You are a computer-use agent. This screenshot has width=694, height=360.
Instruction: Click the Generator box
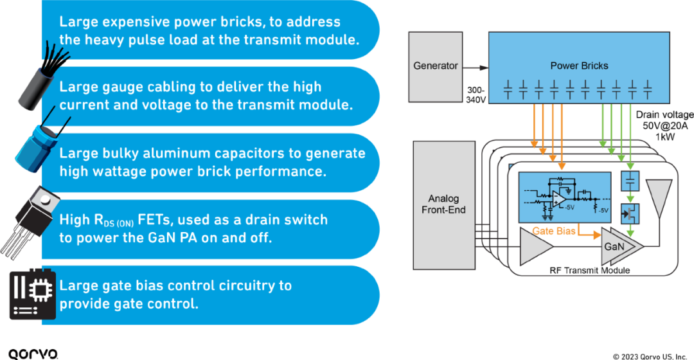(435, 66)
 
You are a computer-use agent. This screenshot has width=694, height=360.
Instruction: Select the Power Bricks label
(579, 66)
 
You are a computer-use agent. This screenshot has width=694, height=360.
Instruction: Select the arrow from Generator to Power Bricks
(475, 66)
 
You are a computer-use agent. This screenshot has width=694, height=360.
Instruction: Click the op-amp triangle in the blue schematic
(560, 199)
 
